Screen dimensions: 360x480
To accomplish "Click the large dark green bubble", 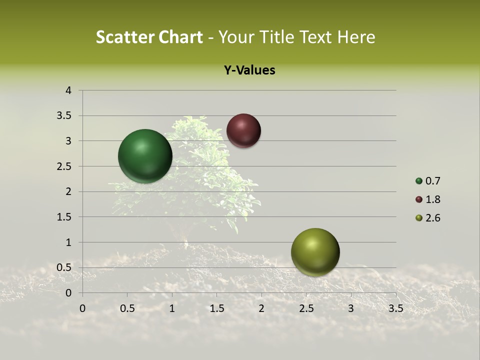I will point(145,156).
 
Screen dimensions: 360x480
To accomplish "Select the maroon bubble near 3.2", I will point(243,130).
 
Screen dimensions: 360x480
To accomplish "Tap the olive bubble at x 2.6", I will point(315,252).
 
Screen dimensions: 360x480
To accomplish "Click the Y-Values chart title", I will point(249,70).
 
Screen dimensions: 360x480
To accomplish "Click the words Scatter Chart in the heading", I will point(149,37).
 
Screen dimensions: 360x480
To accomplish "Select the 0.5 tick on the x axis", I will point(127,308).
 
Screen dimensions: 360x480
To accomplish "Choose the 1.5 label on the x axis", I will point(217,308).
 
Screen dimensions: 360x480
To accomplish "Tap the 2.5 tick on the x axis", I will point(306,308).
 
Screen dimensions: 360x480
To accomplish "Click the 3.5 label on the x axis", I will point(395,308).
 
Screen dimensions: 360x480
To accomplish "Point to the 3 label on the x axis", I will point(351,308).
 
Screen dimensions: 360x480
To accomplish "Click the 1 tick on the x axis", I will point(172,308).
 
